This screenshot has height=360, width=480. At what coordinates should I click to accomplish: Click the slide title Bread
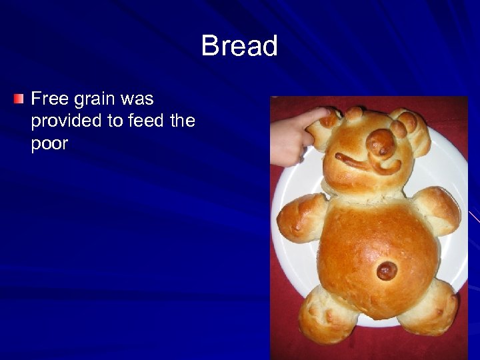239,47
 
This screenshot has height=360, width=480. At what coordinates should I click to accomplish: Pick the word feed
151,122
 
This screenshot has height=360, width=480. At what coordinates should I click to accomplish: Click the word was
137,100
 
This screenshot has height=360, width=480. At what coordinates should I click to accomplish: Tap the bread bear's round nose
381,142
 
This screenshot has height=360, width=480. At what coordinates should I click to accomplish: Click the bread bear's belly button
387,270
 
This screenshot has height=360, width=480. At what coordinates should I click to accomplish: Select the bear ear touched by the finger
326,127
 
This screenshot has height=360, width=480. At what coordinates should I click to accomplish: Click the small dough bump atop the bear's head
354,113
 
